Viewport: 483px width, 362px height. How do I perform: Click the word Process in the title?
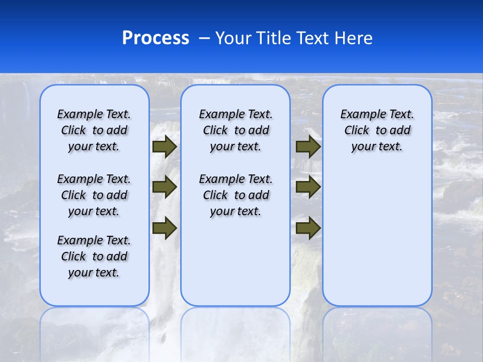155,38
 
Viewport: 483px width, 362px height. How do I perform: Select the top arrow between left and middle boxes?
165,147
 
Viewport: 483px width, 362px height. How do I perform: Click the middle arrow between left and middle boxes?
165,187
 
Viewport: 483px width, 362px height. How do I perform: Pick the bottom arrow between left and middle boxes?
165,228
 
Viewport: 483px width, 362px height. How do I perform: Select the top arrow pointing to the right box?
308,147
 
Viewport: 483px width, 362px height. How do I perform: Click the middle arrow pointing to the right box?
308,187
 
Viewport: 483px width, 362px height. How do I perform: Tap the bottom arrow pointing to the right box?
308,228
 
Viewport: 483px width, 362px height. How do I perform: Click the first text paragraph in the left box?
94,130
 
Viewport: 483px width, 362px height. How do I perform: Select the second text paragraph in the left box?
94,195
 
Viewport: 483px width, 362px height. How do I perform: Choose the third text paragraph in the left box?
94,256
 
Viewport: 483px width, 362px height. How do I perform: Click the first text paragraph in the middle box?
235,130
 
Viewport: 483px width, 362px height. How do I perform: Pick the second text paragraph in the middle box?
235,195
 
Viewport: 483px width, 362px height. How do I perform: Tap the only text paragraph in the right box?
377,130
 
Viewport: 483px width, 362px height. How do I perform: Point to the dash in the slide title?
204,38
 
